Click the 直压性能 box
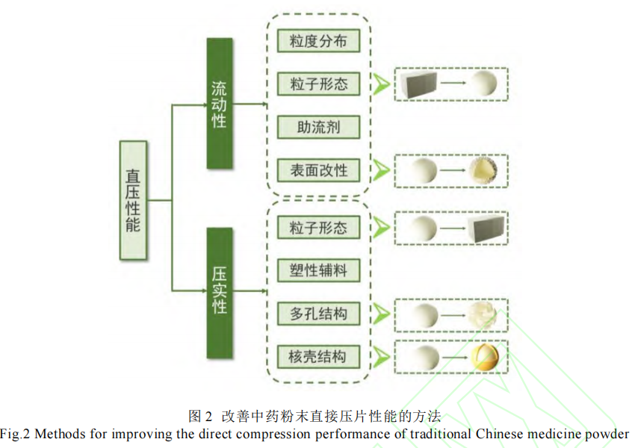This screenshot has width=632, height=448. coord(133,200)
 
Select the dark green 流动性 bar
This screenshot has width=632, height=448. coord(219,103)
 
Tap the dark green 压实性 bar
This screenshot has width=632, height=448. coord(219,293)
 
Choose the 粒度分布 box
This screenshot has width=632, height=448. coord(319,41)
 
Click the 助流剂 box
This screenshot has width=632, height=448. coord(319,127)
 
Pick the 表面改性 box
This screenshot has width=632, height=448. coord(319,170)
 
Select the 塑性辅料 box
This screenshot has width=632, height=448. coord(319,270)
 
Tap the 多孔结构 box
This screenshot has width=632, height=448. coord(319,314)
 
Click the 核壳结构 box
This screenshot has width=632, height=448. coord(319,357)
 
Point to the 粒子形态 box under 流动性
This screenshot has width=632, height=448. coord(319,84)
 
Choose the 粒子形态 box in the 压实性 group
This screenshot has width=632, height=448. coord(319,227)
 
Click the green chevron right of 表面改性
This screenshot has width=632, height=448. coord(381,170)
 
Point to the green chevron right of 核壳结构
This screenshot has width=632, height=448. coord(381,357)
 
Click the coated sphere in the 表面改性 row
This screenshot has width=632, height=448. coord(484,171)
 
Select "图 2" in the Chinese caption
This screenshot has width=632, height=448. coord(201,415)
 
